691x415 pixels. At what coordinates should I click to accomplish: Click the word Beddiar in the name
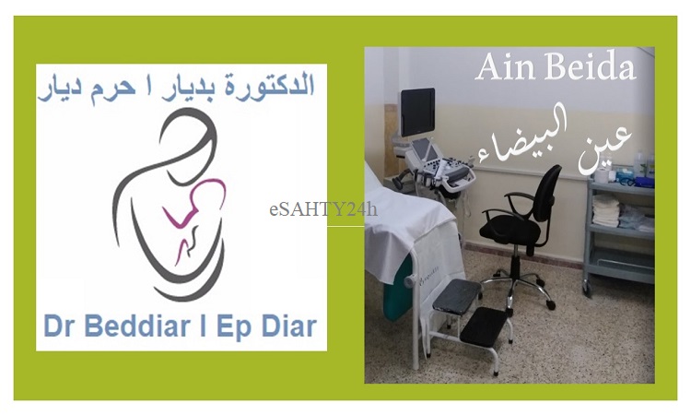point(137,326)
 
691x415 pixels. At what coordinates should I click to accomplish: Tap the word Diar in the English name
point(289,326)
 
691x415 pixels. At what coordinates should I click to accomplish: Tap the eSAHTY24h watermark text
point(323,209)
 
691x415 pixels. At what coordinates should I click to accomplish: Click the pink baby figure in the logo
point(193,216)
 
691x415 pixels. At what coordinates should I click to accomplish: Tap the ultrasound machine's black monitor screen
point(417,112)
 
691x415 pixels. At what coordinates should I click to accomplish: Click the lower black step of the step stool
point(485,325)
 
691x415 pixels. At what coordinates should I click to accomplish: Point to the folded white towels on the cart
point(604,211)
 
